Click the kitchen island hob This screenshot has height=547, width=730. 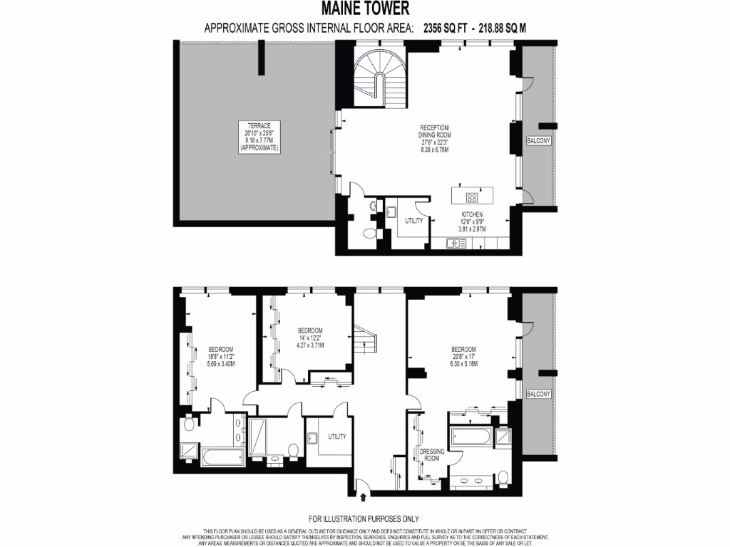(472, 197)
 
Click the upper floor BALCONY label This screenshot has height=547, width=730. (538, 141)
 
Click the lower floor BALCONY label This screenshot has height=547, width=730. (538, 393)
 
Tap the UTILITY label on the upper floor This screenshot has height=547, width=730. (414, 221)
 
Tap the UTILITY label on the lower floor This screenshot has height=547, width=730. (337, 435)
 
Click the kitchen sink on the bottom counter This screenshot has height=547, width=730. (456, 244)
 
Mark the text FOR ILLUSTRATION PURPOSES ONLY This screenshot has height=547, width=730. (364, 519)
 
